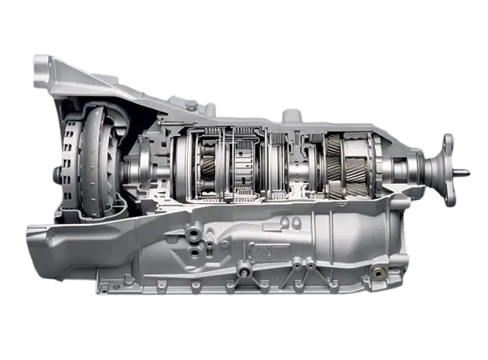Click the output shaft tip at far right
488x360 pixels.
click(466, 174)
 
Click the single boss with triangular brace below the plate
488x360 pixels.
click(243, 270)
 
